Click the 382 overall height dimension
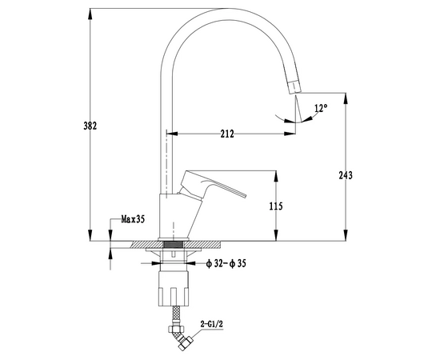click(x=90, y=126)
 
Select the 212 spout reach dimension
click(x=227, y=134)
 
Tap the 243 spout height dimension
click(x=346, y=175)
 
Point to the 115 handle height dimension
click(x=276, y=206)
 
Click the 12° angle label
click(x=321, y=108)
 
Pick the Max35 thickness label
click(x=133, y=219)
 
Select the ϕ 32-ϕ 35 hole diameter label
click(x=226, y=263)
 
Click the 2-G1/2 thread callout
click(x=211, y=324)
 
